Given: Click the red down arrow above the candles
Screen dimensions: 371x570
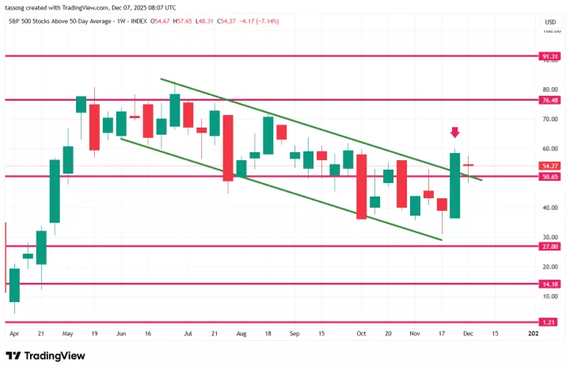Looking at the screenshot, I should click(x=455, y=132).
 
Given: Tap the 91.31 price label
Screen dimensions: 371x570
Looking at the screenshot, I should click(x=550, y=57).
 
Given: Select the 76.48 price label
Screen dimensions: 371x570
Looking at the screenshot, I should click(x=550, y=101).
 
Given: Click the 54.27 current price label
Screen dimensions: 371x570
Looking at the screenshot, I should click(x=550, y=166).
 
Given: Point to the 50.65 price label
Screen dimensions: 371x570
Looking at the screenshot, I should click(x=550, y=176).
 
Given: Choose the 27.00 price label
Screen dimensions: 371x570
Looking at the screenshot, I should click(x=550, y=247).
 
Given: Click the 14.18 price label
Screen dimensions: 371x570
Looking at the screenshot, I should click(x=550, y=284).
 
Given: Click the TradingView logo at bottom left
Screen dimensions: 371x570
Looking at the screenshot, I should click(x=47, y=355).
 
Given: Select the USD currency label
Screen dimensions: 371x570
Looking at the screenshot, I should click(x=549, y=21).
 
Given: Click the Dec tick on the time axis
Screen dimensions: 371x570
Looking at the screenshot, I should click(x=469, y=335).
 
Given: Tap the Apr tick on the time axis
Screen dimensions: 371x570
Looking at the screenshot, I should click(x=14, y=335).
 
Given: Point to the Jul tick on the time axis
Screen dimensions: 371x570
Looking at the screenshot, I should click(x=188, y=335).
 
